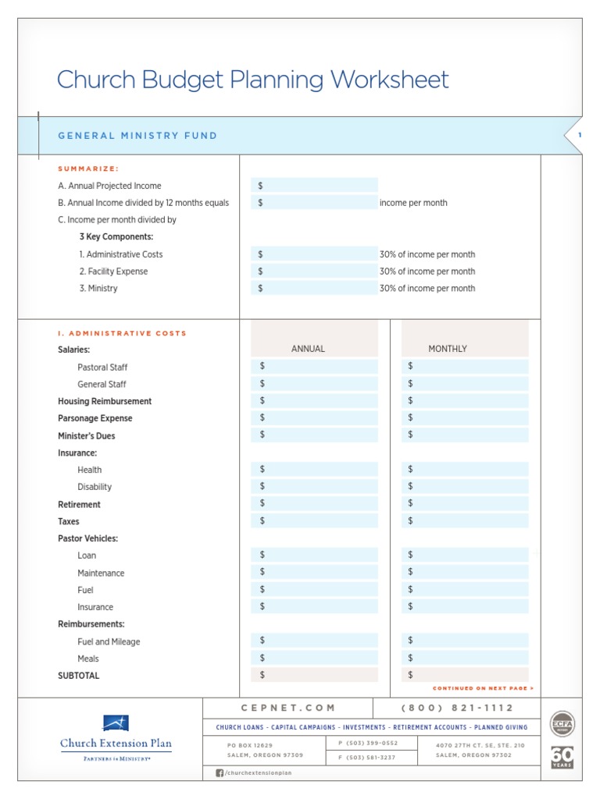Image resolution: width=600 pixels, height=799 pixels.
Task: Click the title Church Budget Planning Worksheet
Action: coord(253,80)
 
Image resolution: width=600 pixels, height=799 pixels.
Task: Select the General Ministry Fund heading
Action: coord(137,136)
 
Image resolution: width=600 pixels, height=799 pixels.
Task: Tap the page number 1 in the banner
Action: coord(580,136)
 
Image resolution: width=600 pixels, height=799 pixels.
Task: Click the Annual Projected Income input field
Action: coord(314,186)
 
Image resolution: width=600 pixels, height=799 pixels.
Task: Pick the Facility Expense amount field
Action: coord(314,272)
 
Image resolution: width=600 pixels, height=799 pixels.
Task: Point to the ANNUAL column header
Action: coord(308,349)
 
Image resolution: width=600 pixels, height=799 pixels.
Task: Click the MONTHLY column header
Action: coord(448,349)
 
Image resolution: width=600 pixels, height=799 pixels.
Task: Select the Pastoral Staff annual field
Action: coord(314,367)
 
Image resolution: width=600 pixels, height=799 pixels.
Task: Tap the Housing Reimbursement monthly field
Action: coord(465,401)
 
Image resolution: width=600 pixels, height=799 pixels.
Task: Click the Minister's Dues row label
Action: coord(87,435)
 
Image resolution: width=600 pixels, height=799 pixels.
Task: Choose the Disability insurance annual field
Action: coord(314,487)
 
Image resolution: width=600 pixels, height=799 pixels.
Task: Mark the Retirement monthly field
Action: coord(465,504)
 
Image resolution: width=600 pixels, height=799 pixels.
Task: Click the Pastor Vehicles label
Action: coord(87,538)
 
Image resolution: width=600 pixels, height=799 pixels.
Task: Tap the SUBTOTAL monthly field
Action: coord(465,675)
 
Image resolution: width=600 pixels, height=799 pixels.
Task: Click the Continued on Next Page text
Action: coord(483,689)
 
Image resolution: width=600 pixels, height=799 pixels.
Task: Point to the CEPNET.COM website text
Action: coord(288,708)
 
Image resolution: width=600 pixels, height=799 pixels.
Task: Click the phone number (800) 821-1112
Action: coord(457,708)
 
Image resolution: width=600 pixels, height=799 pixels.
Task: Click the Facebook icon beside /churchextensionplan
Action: coord(220,772)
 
